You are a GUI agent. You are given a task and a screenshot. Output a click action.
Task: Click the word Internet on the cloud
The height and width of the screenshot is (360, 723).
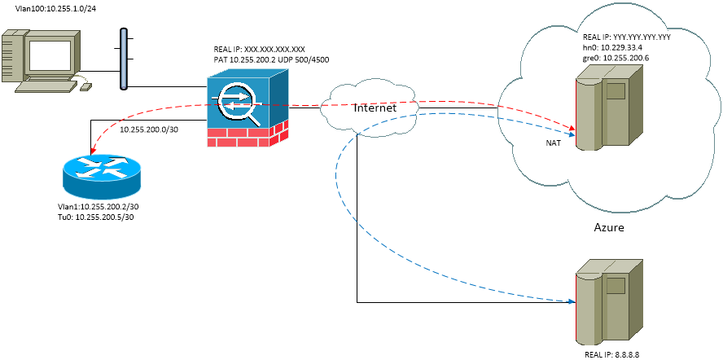click(x=375, y=108)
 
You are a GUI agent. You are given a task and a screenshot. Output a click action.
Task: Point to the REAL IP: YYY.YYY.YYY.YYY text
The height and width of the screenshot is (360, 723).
click(x=626, y=37)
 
